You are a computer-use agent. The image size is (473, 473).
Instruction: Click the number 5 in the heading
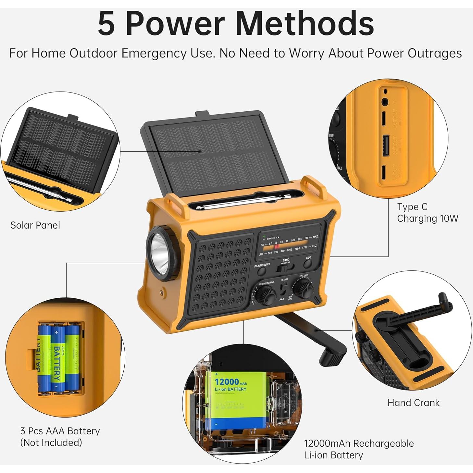click(x=106, y=24)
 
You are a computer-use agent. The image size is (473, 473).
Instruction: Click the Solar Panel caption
click(x=35, y=225)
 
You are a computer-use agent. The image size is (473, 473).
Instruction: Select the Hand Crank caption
click(x=413, y=403)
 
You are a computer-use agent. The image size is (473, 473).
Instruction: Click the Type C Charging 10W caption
click(x=427, y=213)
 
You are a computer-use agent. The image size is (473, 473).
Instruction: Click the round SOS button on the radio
click(x=308, y=264)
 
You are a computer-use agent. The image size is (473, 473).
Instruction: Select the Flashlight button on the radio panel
click(x=262, y=271)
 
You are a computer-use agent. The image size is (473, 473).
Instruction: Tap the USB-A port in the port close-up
click(x=386, y=142)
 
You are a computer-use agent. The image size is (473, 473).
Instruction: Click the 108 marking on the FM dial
click(x=306, y=238)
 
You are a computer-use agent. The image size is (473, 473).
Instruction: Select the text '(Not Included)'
click(x=51, y=442)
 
